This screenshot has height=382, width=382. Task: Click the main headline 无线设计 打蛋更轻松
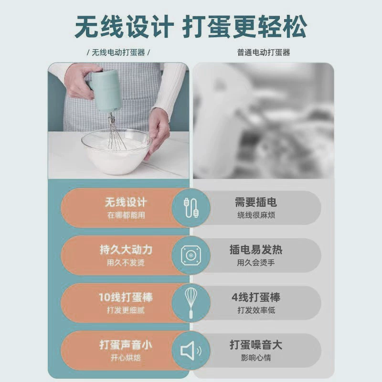191,26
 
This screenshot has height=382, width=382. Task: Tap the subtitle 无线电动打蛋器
118,53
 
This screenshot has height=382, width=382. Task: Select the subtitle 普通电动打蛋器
264,53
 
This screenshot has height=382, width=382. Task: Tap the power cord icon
191,207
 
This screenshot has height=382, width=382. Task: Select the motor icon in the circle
191,255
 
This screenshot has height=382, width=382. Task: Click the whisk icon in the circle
191,303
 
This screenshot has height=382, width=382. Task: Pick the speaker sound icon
191,350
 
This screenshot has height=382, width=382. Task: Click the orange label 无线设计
126,202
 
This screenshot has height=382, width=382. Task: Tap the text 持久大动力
126,250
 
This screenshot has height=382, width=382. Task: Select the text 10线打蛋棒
126,297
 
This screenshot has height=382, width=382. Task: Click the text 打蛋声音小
126,345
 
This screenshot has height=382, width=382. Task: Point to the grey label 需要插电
256,202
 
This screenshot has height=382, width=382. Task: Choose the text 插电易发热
256,250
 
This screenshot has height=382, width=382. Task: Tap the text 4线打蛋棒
256,297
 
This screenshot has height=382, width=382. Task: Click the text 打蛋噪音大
256,345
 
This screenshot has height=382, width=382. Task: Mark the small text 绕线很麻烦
256,215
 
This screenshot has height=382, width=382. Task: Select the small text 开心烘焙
126,358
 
